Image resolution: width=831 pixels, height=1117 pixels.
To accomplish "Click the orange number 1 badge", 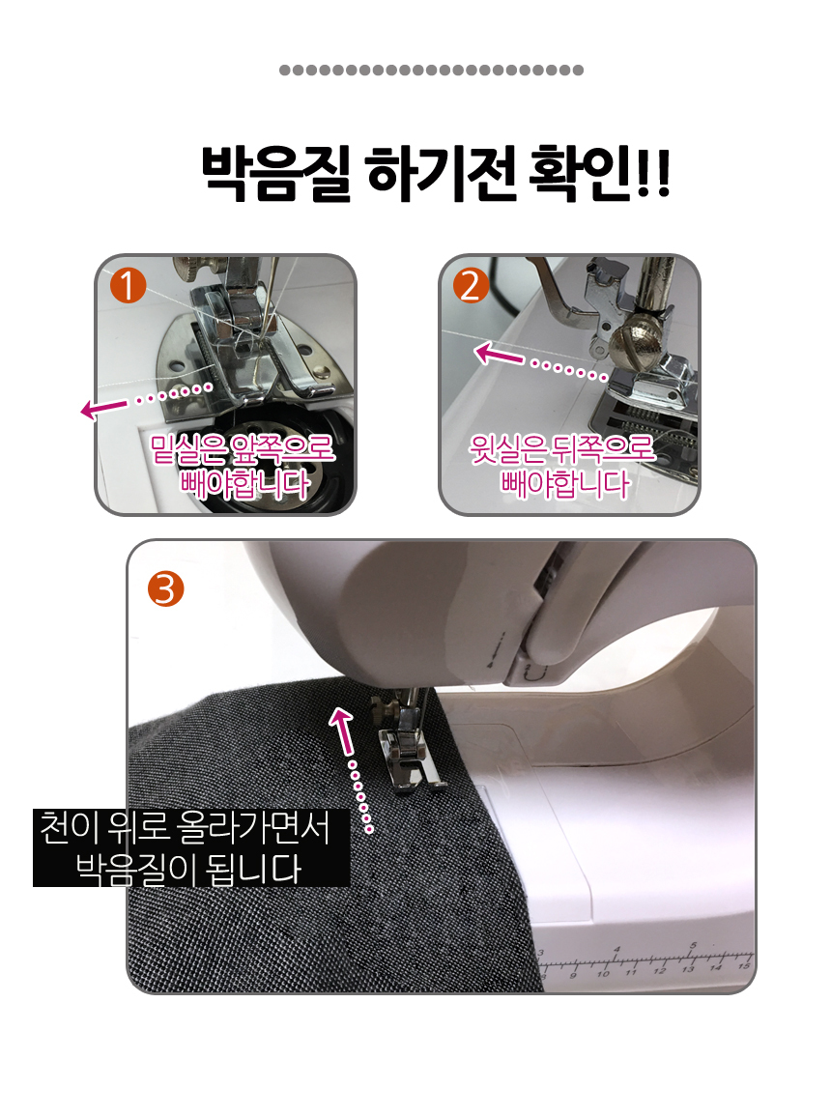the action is (128, 286).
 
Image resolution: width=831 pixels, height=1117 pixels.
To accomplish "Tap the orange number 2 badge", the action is (471, 286).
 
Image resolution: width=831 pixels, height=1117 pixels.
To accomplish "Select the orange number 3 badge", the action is (166, 589).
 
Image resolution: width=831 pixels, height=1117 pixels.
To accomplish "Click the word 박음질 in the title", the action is (275, 173).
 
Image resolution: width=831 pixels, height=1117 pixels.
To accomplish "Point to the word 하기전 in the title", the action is (440, 173).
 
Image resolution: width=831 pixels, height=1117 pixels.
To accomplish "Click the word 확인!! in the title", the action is (599, 173).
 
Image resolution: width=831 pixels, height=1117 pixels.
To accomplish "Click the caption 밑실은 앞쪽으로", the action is (243, 448).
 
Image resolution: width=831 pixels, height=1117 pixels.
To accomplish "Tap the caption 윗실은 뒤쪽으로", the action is (561, 448).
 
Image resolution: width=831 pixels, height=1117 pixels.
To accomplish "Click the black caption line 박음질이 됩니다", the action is (188, 869).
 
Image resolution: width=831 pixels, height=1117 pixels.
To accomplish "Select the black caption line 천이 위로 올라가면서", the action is (186, 827).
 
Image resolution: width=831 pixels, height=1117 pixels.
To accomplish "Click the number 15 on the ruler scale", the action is (744, 966).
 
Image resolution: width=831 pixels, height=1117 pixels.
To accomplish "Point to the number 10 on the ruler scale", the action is (603, 973).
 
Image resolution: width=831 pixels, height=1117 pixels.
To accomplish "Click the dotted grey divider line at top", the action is (432, 70).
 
